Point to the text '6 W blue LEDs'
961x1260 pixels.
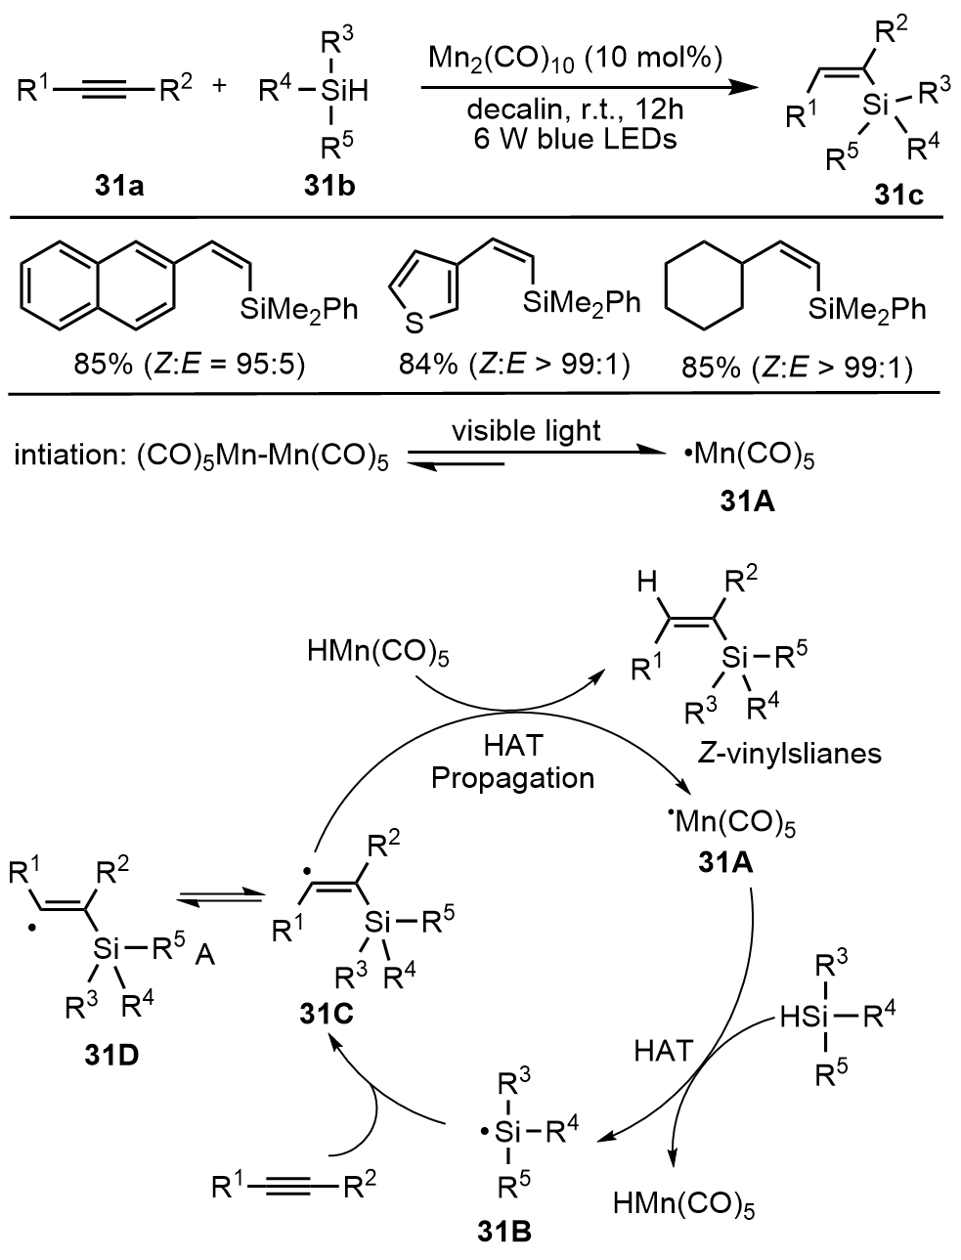572,138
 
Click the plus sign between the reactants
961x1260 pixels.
219,87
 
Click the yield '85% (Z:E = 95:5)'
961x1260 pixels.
190,367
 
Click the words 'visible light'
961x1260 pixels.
527,430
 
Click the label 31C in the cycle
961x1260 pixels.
327,1016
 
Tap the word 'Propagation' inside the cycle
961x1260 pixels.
513,778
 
